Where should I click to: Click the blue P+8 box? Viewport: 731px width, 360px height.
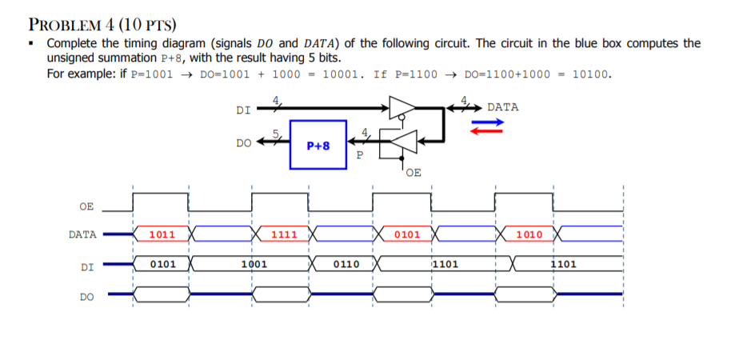(318, 145)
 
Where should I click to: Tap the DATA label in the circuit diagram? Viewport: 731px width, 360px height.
(502, 106)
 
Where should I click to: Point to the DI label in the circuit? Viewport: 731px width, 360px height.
(244, 111)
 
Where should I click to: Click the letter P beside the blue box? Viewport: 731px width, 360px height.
(360, 155)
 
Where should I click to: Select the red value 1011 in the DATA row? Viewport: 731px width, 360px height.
(163, 235)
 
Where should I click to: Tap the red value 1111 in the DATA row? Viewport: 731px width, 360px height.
(285, 235)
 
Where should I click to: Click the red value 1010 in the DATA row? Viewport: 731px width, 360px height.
(529, 235)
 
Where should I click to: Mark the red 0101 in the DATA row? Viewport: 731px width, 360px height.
(407, 235)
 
